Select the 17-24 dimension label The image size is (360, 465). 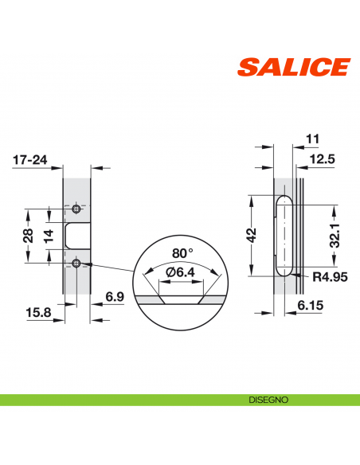29,160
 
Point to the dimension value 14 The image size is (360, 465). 49,236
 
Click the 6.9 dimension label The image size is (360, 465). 114,296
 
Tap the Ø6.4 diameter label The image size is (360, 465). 181,273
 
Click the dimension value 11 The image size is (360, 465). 311,139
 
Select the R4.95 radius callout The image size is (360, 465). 328,277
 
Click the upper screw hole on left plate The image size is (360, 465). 76,209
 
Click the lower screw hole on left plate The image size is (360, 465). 76,263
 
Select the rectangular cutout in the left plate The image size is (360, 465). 76,236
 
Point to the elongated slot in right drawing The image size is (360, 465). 282,236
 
